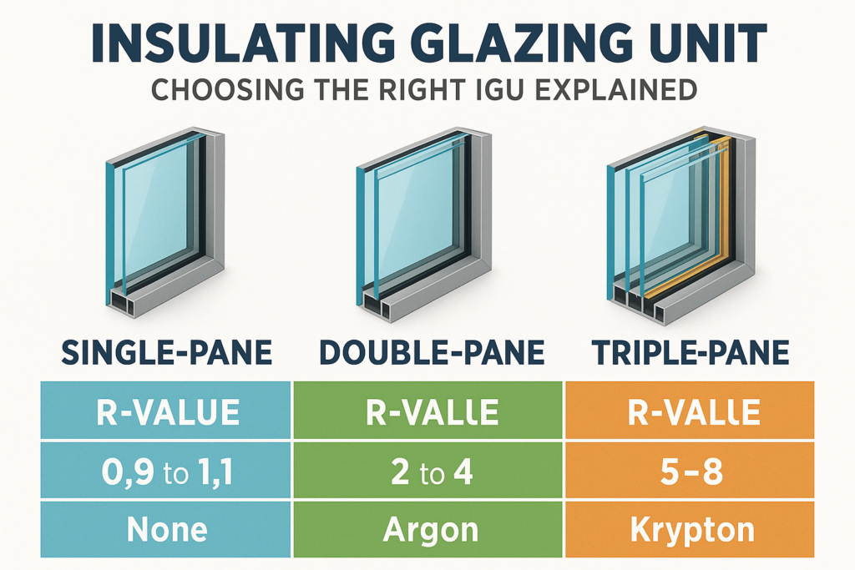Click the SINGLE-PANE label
click(166, 353)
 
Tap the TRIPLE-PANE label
click(689, 353)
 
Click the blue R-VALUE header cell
click(166, 411)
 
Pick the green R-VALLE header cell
click(427, 411)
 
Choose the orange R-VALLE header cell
click(689, 411)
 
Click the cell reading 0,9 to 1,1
click(166, 473)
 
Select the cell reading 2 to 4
click(427, 473)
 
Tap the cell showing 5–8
click(689, 473)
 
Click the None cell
click(166, 529)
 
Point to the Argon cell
click(427, 529)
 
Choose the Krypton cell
click(689, 529)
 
